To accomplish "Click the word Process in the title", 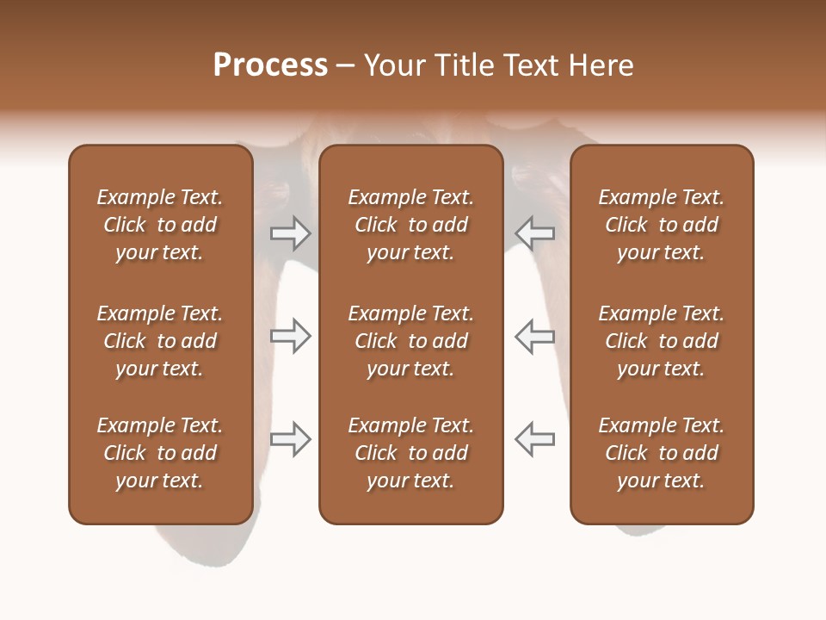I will [270, 65].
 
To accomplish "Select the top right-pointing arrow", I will [290, 232].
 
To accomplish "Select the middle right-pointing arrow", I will [290, 336].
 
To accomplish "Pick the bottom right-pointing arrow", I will [290, 439].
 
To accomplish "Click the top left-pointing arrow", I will [535, 232].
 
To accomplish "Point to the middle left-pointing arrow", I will [535, 336].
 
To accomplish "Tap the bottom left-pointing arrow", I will [535, 439].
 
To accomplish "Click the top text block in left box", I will [160, 225].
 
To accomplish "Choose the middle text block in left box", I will [160, 341].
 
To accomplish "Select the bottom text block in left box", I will [160, 453].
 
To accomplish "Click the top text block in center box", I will [410, 225].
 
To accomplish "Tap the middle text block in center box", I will [410, 341].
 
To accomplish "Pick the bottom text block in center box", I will [410, 453].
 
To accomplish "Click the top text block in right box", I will [662, 225].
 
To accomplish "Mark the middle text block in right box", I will [662, 341].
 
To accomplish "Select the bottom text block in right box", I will [662, 453].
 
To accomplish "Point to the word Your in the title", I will [391, 65].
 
